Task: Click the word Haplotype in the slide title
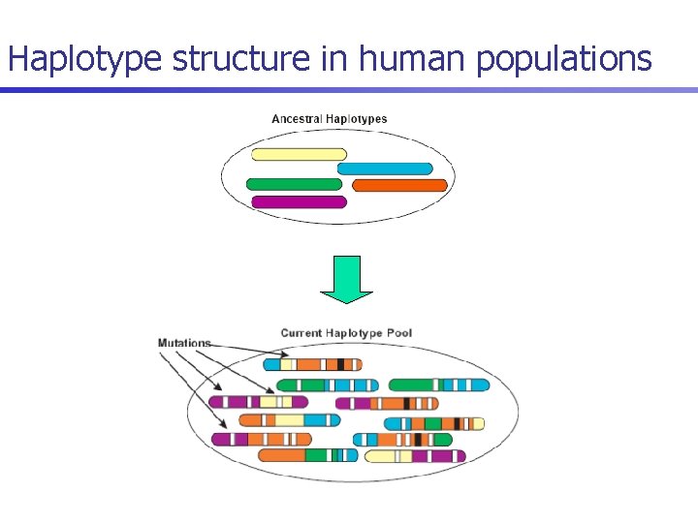(86, 60)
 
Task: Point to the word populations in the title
(564, 60)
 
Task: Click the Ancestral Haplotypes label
(329, 119)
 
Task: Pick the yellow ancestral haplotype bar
(299, 154)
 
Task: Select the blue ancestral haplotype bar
(385, 169)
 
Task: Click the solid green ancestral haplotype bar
(294, 184)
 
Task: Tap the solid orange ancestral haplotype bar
(399, 185)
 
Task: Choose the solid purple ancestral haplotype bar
(299, 202)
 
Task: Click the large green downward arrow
(346, 279)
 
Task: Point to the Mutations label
(184, 343)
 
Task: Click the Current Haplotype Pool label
(346, 333)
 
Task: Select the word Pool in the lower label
(398, 333)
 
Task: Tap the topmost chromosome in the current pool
(312, 365)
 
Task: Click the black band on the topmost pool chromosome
(340, 365)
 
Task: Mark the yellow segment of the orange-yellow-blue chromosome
(269, 420)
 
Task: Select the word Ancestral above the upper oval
(297, 119)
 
